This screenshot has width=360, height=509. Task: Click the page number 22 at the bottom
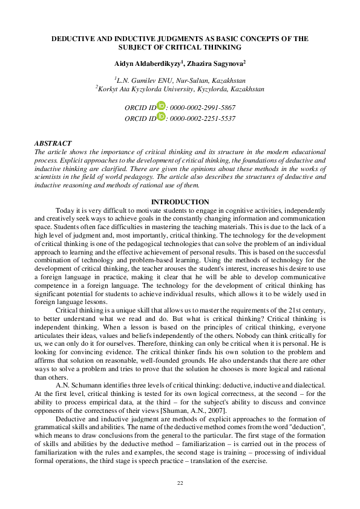tap(180, 482)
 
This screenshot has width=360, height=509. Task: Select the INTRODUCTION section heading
tap(180, 201)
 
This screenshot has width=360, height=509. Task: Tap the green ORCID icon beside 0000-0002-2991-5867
tap(161, 106)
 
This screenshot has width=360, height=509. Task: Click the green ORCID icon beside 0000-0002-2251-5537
tap(161, 117)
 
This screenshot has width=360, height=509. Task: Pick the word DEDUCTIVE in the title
tap(76, 39)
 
